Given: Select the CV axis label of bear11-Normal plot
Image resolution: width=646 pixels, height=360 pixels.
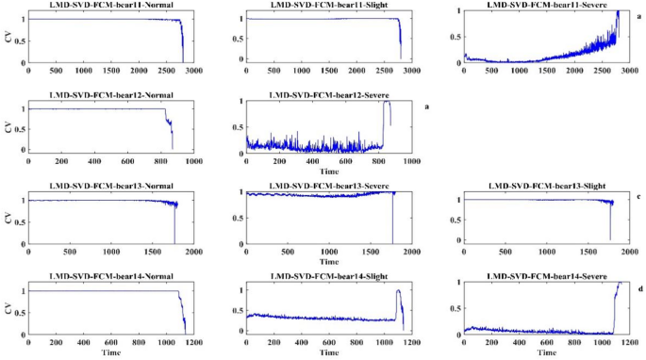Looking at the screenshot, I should click(x=8, y=39).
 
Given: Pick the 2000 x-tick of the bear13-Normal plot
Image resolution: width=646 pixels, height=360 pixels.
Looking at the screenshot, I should click(x=194, y=252).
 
